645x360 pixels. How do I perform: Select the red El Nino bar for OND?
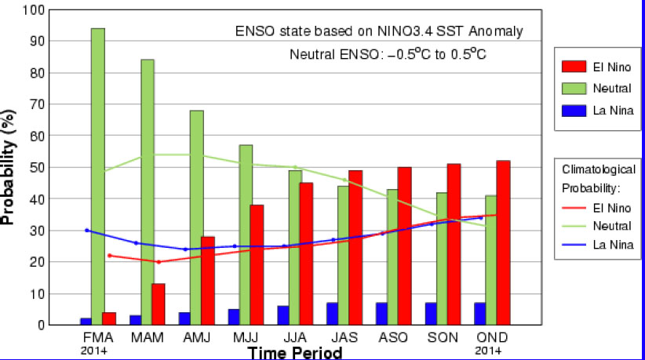(503, 242)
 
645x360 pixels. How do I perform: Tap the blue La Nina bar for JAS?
(332, 314)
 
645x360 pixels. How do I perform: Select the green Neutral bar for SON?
(442, 258)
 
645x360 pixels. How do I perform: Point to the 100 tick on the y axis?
(34, 10)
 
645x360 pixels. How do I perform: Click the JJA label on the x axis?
(296, 337)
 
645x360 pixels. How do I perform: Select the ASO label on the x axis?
(394, 337)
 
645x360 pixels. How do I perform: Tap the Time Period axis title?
(295, 352)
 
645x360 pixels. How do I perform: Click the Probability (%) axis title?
(9, 168)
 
